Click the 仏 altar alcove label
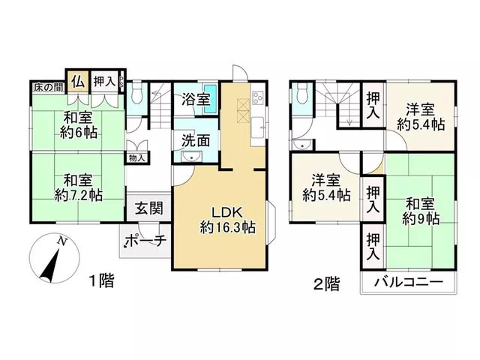tap(78, 82)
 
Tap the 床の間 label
tap(49, 88)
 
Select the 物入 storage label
tap(136, 158)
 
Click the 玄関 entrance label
tap(149, 208)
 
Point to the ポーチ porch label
tap(146, 241)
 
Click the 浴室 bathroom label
tap(196, 99)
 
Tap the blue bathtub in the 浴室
tap(211, 99)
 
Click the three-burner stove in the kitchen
tap(257, 98)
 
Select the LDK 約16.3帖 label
tap(228, 220)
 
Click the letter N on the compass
tap(62, 241)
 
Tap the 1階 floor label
tap(101, 280)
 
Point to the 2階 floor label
tap(327, 283)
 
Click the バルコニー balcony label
tap(409, 282)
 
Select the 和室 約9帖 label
tap(421, 211)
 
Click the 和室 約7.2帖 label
tap(78, 187)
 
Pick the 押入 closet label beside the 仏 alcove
tap(104, 82)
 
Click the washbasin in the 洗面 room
tap(191, 157)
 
